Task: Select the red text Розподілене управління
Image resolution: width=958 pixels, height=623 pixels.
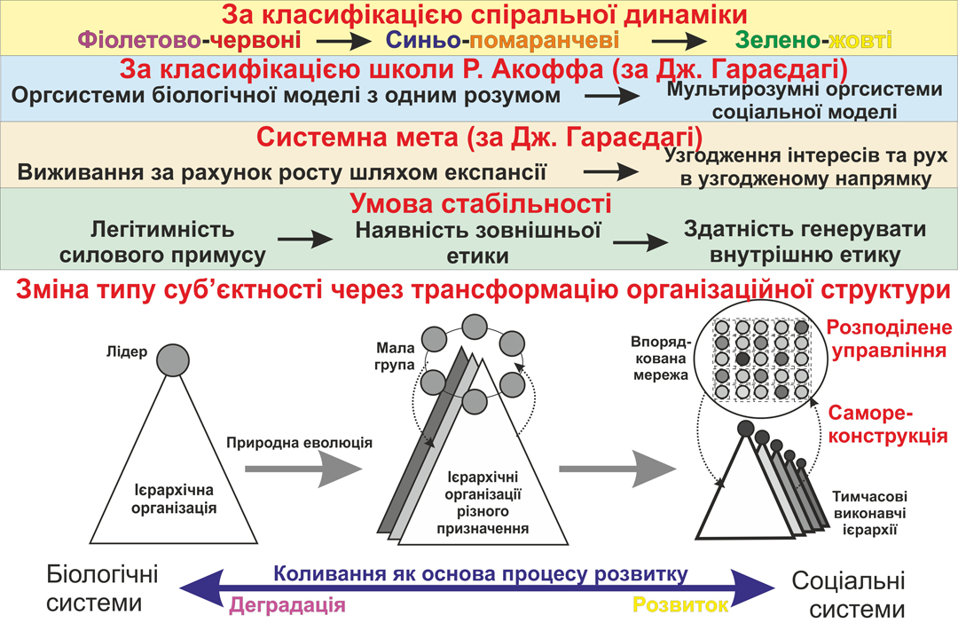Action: tap(887, 339)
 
